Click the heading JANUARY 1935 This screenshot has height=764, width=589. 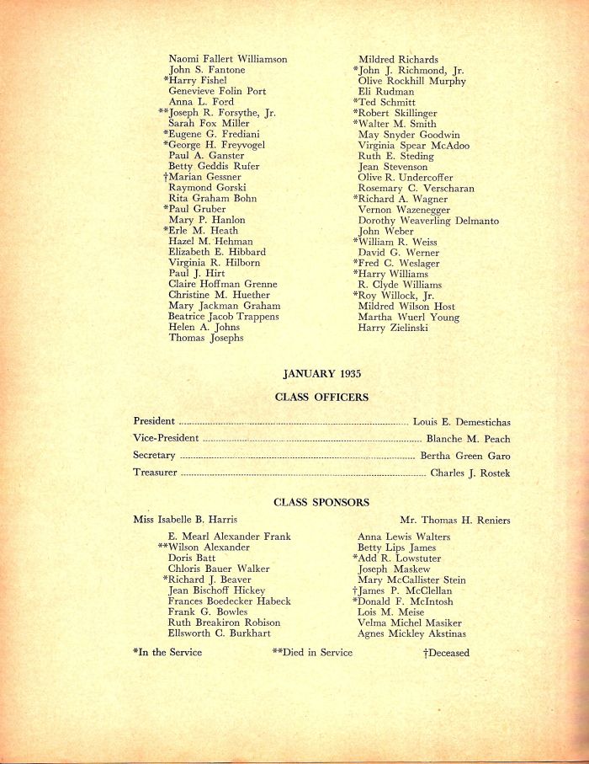[321, 373]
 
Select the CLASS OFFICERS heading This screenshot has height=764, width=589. [321, 397]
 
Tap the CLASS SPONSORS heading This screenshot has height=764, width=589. [321, 502]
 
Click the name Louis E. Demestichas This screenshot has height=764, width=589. [461, 422]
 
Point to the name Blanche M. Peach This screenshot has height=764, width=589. [468, 439]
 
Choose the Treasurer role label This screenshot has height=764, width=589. [155, 473]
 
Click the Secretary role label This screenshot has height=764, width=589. [154, 456]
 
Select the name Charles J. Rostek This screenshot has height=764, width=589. [470, 473]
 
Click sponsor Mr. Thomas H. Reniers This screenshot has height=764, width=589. [454, 520]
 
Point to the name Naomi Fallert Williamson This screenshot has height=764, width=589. [228, 59]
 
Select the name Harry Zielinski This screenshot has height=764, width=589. [393, 328]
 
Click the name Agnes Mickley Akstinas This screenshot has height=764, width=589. [411, 633]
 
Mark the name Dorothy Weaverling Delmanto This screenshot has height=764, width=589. [428, 221]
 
